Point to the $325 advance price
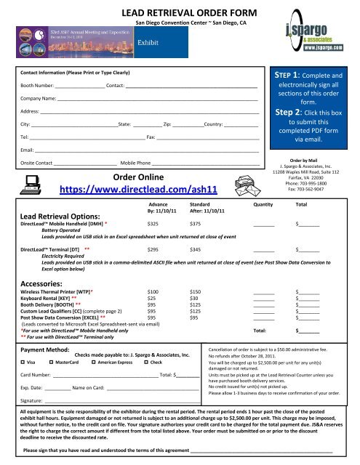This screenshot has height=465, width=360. [153, 225]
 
